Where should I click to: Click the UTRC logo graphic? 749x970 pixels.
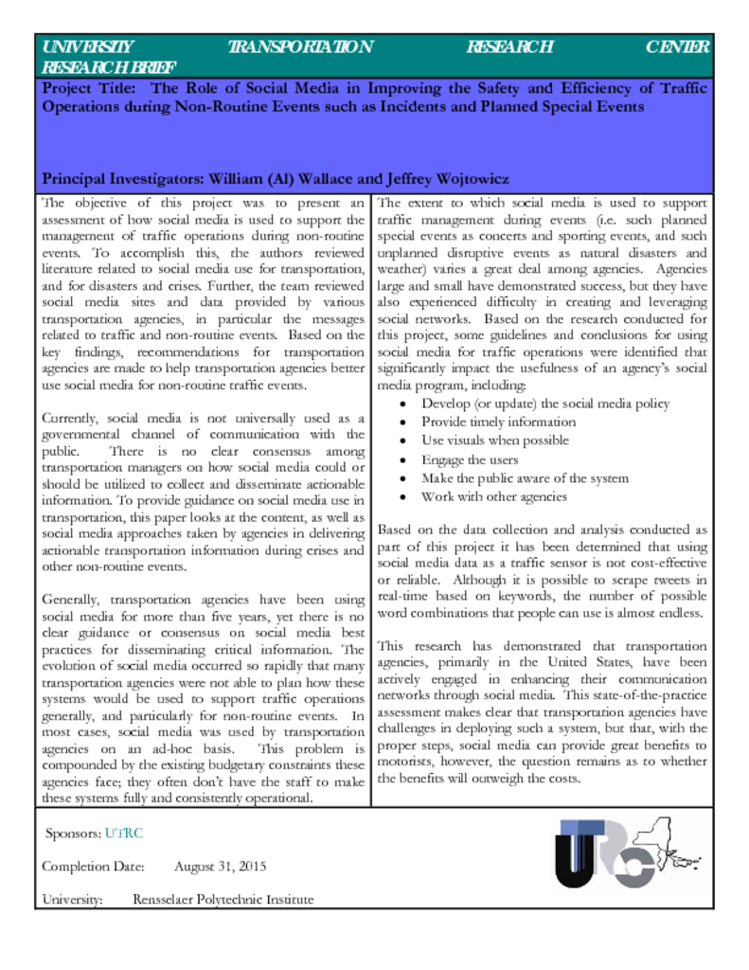pos(630,855)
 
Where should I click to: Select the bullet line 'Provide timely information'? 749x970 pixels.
pos(498,422)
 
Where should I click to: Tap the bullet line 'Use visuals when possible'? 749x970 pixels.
pos(495,440)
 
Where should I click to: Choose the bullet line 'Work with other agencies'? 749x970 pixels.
pos(494,496)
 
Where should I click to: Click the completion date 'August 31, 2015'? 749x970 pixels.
pos(221,866)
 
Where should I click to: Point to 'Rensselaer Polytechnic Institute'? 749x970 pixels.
pos(223,899)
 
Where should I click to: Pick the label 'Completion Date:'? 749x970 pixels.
pos(93,866)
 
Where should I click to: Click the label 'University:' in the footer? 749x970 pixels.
pos(72,899)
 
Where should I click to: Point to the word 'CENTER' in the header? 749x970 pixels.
pos(676,47)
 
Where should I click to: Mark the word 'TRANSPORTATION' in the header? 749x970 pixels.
pos(301,47)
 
